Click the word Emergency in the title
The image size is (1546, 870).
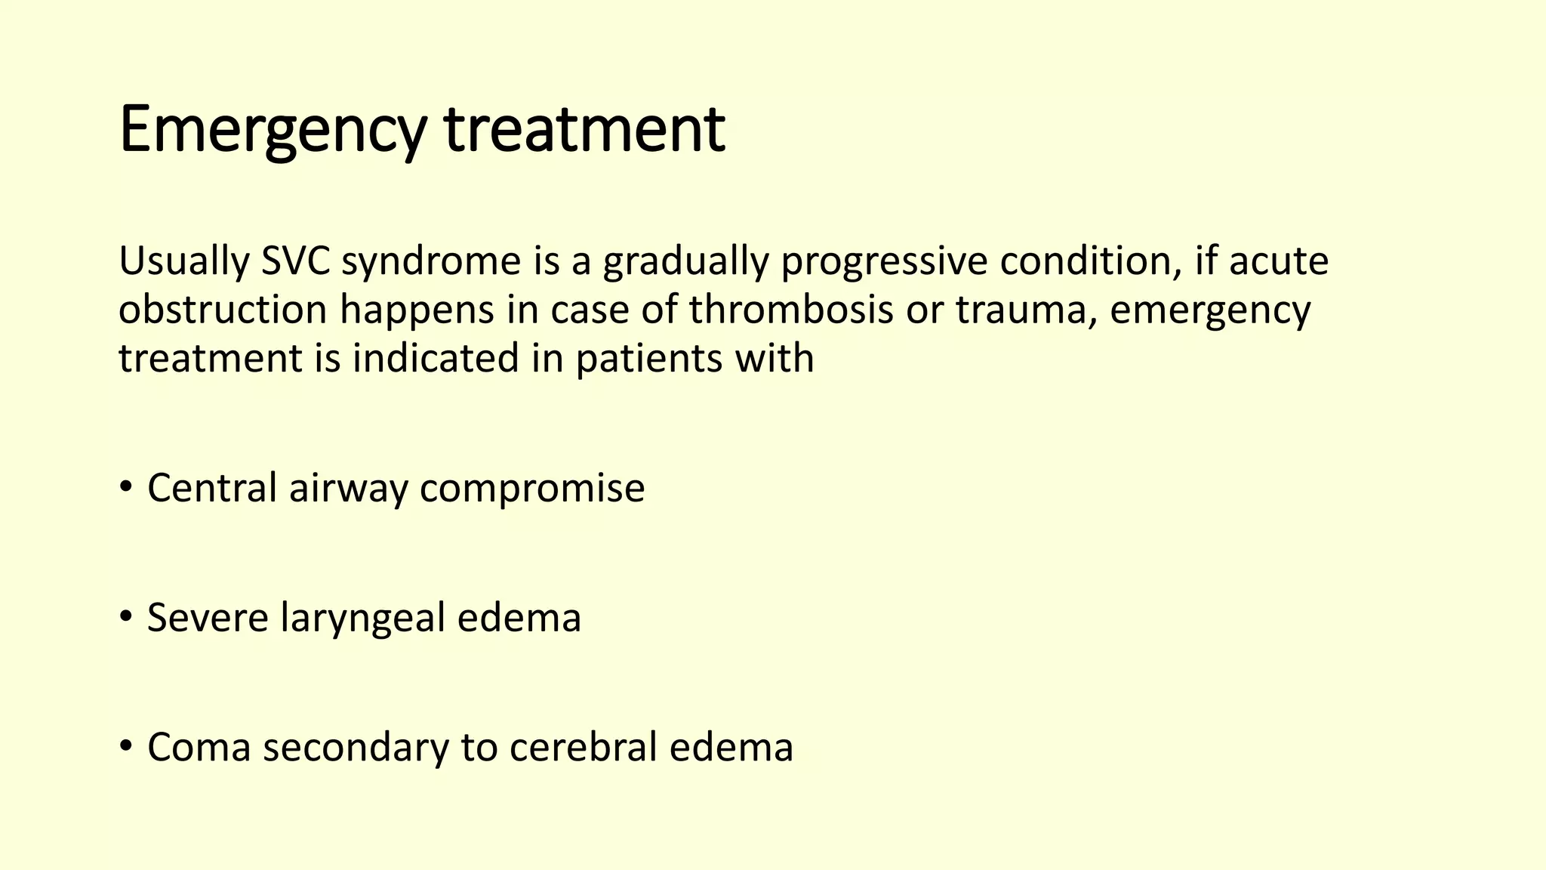click(x=272, y=130)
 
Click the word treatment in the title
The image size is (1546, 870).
click(x=585, y=130)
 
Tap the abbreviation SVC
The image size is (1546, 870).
click(x=295, y=261)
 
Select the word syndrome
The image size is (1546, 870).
click(x=431, y=262)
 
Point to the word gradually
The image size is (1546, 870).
click(x=685, y=262)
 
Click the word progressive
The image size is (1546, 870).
click(x=883, y=262)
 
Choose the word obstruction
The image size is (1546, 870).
click(x=223, y=310)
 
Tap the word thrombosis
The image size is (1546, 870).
click(x=791, y=310)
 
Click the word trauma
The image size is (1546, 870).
click(x=1026, y=310)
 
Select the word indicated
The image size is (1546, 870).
click(x=436, y=358)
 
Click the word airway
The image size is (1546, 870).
click(x=348, y=489)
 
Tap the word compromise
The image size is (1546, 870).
click(x=532, y=489)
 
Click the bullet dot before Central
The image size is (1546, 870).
click(x=126, y=487)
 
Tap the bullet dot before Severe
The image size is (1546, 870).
click(x=126, y=617)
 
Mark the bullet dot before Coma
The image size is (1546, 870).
click(x=126, y=746)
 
